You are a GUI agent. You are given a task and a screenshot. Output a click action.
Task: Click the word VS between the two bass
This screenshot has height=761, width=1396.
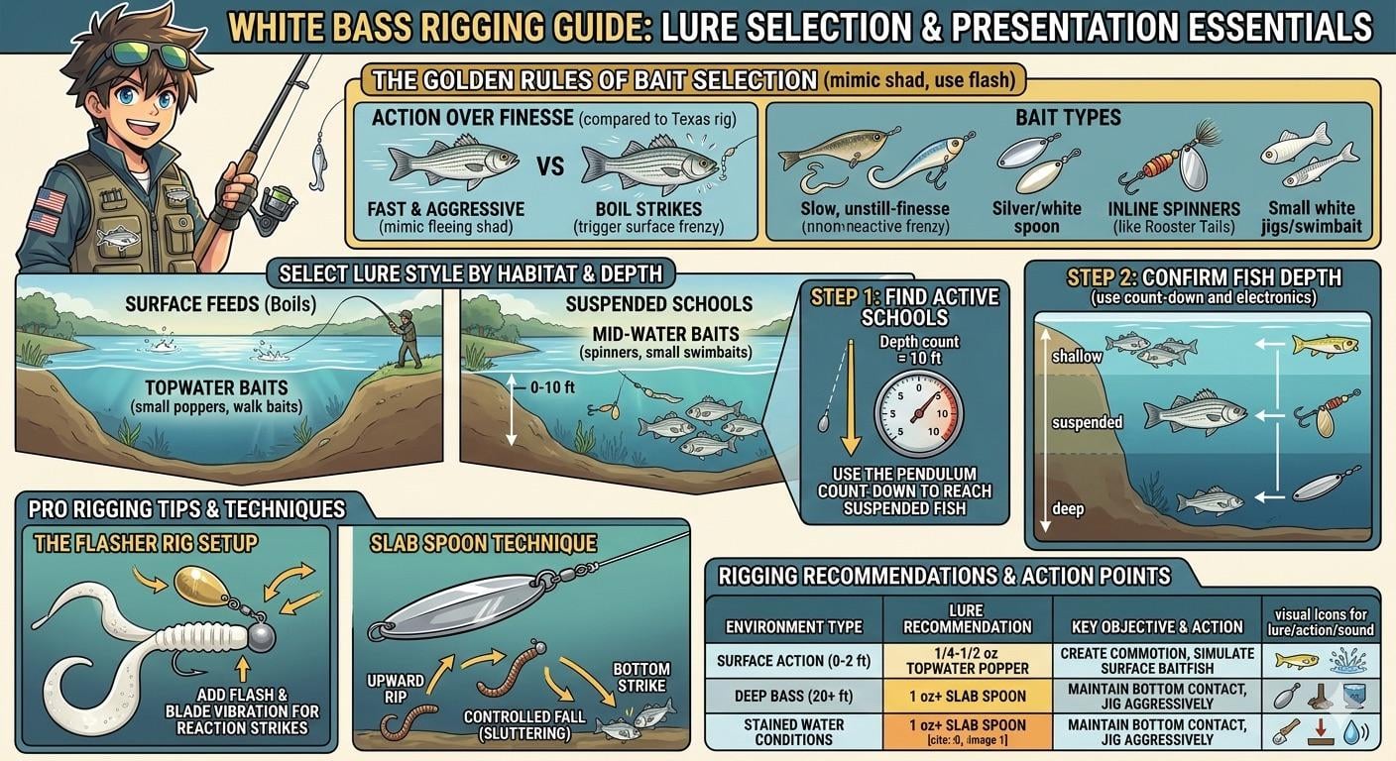(x=550, y=166)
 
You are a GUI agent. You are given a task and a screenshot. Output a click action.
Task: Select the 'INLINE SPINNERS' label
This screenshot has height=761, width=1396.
(x=1174, y=209)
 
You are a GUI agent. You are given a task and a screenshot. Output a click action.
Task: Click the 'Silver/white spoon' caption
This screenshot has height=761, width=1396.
(x=1036, y=217)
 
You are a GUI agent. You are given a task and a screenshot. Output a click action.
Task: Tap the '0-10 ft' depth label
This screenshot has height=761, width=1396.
(x=552, y=387)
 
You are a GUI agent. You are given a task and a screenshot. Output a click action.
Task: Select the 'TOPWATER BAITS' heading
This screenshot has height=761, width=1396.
(x=216, y=387)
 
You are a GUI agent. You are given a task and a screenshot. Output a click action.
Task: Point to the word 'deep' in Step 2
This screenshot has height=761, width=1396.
(x=1068, y=508)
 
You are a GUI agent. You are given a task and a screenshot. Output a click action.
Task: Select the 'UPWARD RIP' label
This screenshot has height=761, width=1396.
(x=396, y=688)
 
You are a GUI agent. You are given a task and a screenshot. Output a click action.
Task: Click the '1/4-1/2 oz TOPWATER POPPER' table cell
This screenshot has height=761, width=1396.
(x=968, y=661)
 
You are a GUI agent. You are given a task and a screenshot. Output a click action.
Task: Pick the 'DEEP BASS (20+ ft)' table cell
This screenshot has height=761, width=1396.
(x=793, y=696)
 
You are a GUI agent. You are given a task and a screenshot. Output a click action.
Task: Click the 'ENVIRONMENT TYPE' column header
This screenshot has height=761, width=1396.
(x=793, y=626)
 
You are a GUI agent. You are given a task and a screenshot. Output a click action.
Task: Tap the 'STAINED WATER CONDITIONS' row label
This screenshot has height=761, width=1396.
(x=793, y=732)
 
